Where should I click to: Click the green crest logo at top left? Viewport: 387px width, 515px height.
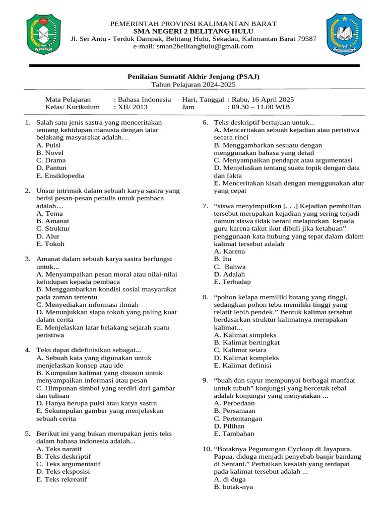(x=43, y=35)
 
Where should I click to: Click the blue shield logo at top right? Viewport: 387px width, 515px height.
(x=344, y=34)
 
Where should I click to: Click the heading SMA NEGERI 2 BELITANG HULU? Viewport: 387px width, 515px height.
(x=193, y=31)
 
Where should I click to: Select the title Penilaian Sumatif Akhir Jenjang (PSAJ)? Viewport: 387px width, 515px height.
(x=193, y=77)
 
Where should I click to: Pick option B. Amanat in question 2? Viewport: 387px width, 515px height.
(x=53, y=221)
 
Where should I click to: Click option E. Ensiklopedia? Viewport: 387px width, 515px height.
(x=60, y=176)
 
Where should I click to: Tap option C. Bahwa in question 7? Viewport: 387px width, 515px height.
(x=230, y=267)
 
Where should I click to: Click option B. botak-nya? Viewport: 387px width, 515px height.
(x=233, y=487)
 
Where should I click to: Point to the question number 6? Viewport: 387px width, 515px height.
(x=205, y=122)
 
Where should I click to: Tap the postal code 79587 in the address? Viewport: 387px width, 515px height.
(x=306, y=39)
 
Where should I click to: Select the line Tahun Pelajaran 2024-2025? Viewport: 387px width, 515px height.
(x=193, y=84)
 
